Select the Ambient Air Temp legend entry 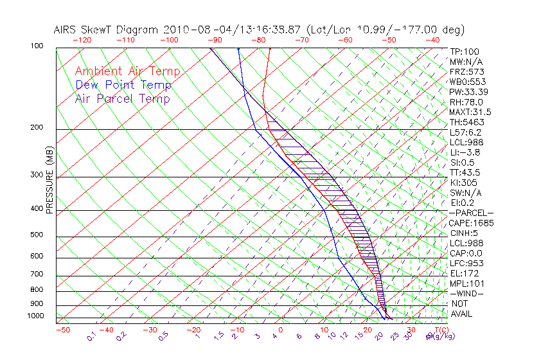coord(127,71)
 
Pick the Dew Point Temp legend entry coord(123,85)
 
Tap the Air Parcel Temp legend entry coord(122,98)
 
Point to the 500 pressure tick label coord(36,235)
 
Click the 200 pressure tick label coord(36,128)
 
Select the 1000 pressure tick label coord(35,316)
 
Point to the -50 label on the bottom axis coord(62,330)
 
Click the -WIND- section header coord(466,293)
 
